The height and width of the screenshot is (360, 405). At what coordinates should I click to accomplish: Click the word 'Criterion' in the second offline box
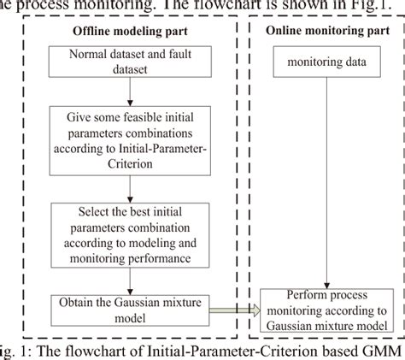(129, 162)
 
